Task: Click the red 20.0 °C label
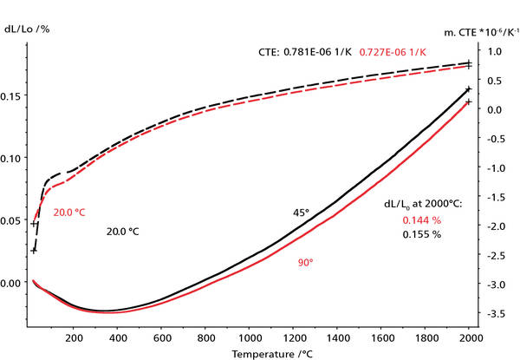tap(74, 212)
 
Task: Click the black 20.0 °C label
tap(123, 232)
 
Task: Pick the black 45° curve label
tap(300, 213)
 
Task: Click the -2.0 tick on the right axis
tap(494, 226)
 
